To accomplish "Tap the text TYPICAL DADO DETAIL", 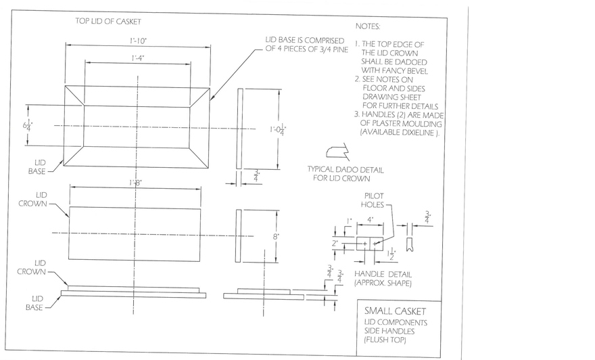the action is [x=341, y=170].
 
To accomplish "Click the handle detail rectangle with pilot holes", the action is [x=371, y=242].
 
